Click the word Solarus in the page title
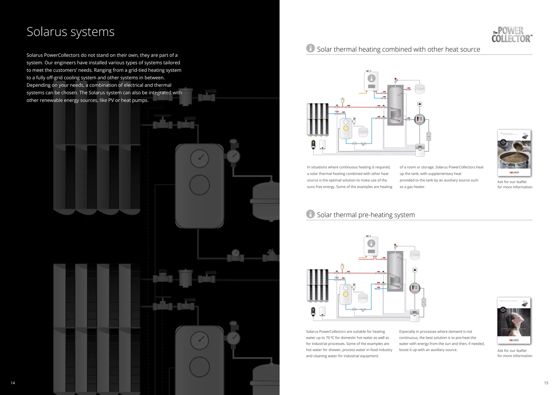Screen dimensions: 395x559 47,32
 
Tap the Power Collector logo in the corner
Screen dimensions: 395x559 511,35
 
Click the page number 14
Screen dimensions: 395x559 13,383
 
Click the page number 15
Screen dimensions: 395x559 546,383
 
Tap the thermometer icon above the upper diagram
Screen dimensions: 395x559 310,48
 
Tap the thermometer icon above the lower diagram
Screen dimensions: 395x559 310,214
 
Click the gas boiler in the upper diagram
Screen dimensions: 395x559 371,81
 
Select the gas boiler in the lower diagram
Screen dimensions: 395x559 371,246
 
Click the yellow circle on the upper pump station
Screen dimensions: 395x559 346,128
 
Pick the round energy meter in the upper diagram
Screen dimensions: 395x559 420,119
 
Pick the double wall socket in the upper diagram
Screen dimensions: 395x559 429,136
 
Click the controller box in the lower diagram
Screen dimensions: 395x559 415,315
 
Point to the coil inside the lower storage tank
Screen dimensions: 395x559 395,281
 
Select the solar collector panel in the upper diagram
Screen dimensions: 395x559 317,119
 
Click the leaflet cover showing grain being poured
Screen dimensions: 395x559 514,153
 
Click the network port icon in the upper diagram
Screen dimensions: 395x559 420,104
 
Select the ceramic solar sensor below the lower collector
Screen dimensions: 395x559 313,311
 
